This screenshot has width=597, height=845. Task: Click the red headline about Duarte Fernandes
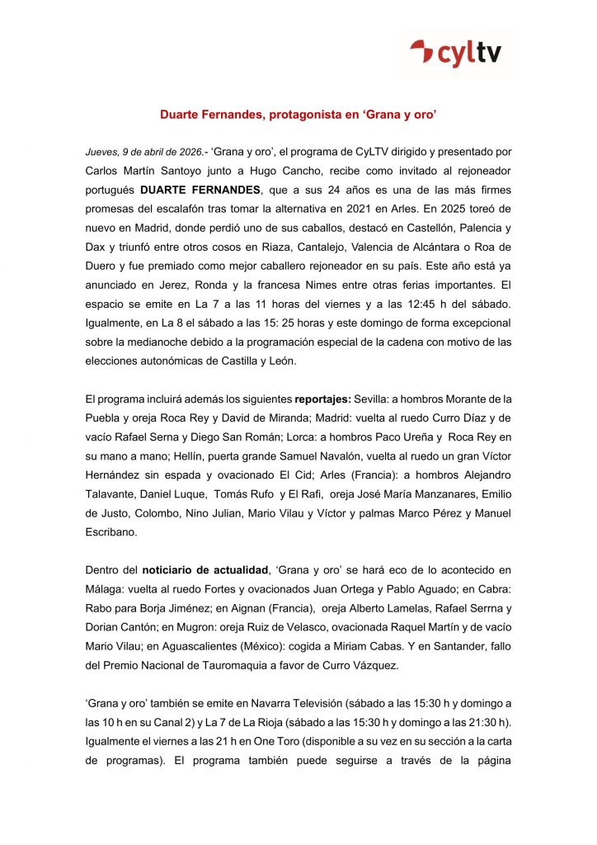[298, 118]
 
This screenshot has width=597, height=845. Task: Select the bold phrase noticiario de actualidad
[206, 569]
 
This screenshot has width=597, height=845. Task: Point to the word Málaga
[106, 588]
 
